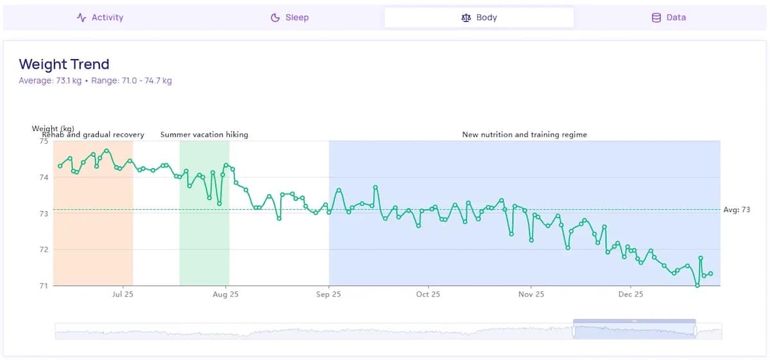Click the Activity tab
pyautogui.click(x=100, y=17)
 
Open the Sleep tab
pyautogui.click(x=290, y=17)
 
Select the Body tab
pyautogui.click(x=479, y=17)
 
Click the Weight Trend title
pyautogui.click(x=64, y=64)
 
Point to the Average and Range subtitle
pyautogui.click(x=95, y=81)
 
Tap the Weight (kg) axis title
pyautogui.click(x=53, y=128)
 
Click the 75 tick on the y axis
pyautogui.click(x=44, y=141)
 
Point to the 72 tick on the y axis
pyautogui.click(x=44, y=249)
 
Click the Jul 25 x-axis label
pyautogui.click(x=123, y=295)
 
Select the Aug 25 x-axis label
pyautogui.click(x=225, y=295)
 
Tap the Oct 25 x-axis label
pyautogui.click(x=428, y=295)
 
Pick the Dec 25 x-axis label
pyautogui.click(x=631, y=295)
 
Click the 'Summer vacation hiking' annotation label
pyautogui.click(x=204, y=135)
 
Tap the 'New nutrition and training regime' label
pyautogui.click(x=524, y=135)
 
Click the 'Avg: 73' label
pyautogui.click(x=737, y=210)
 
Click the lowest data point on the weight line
pyautogui.click(x=697, y=285)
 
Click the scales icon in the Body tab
pyautogui.click(x=466, y=18)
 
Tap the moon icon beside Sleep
pyautogui.click(x=275, y=18)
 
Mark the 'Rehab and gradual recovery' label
pyautogui.click(x=93, y=135)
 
